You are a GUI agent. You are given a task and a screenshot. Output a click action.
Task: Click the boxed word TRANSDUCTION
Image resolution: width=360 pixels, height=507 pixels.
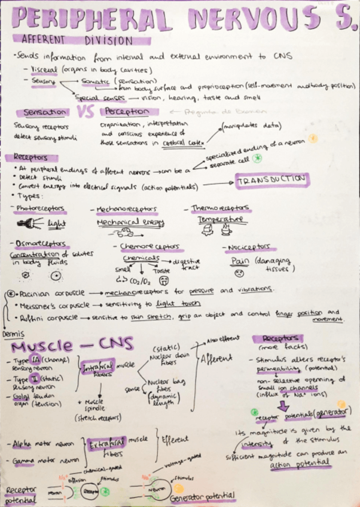[x=271, y=180]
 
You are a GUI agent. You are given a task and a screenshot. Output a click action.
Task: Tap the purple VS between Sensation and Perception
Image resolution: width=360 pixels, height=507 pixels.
[x=86, y=112]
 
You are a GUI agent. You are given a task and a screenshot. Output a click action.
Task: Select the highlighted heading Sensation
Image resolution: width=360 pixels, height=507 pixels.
[x=45, y=112]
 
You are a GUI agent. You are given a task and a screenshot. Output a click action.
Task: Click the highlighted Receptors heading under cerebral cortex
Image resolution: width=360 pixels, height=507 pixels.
[x=35, y=157]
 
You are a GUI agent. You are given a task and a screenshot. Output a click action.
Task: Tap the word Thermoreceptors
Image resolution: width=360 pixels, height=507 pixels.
[x=221, y=209]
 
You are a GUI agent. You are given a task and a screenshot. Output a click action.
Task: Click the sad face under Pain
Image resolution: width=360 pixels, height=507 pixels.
[x=239, y=273]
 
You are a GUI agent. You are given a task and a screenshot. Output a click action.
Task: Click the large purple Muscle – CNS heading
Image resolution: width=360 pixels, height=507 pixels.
[x=75, y=346]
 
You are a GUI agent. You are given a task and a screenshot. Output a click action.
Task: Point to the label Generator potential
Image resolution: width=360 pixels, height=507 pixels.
[x=200, y=496]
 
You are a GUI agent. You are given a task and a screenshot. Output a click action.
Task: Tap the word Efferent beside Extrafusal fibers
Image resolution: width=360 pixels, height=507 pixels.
[x=175, y=439]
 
